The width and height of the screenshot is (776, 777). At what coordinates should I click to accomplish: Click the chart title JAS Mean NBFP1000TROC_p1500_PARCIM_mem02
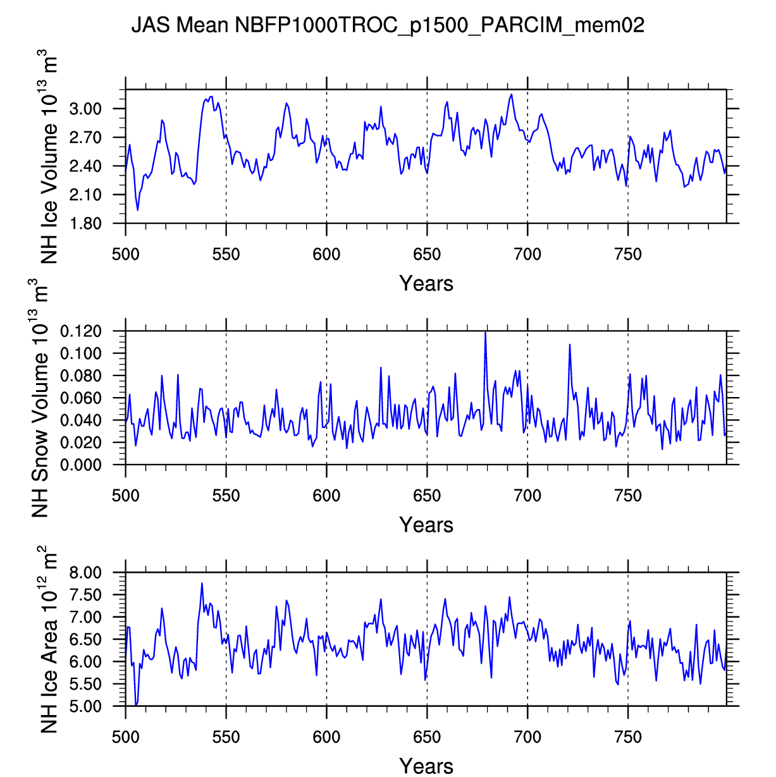(x=387, y=25)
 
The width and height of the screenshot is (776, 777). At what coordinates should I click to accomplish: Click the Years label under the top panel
(x=426, y=284)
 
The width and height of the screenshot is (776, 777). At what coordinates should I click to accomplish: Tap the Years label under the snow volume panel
(x=426, y=525)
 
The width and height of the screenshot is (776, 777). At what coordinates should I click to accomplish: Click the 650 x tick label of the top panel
(x=427, y=255)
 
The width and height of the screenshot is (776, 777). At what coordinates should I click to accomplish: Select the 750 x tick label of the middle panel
(x=628, y=496)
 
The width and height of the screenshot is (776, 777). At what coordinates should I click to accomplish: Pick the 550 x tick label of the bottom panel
(x=226, y=738)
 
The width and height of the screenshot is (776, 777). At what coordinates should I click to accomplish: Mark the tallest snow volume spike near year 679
(x=485, y=332)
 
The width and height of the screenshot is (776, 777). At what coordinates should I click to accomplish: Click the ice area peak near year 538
(x=202, y=584)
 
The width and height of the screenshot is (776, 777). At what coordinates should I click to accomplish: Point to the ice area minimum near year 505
(x=136, y=704)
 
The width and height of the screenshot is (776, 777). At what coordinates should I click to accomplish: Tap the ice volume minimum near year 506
(x=138, y=210)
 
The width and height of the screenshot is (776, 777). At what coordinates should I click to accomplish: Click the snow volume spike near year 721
(x=570, y=345)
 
